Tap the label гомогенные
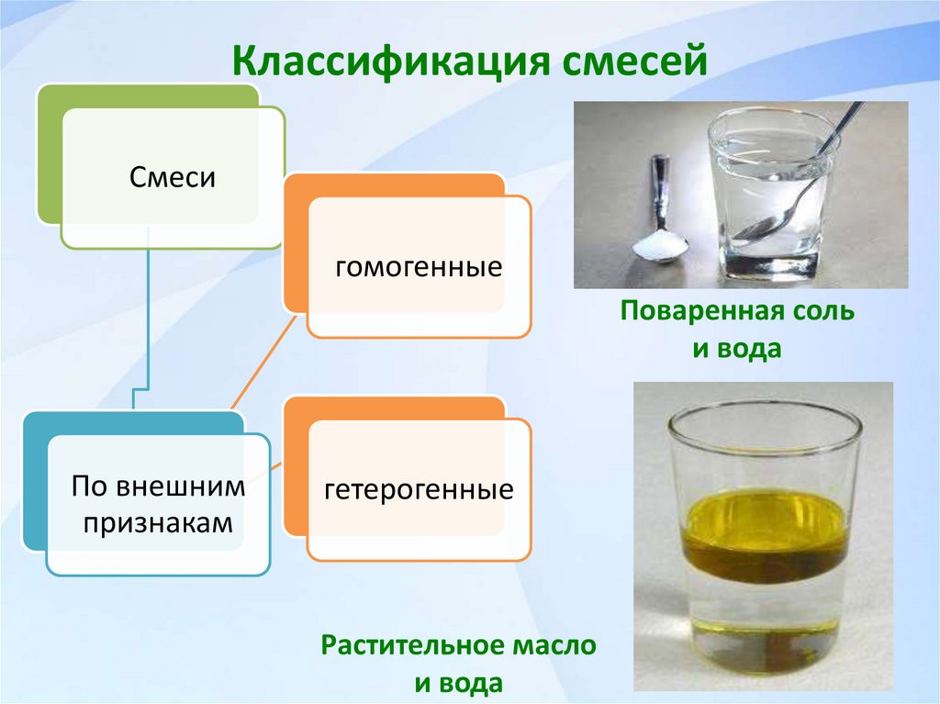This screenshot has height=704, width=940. point(419,267)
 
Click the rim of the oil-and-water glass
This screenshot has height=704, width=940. point(764,413)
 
